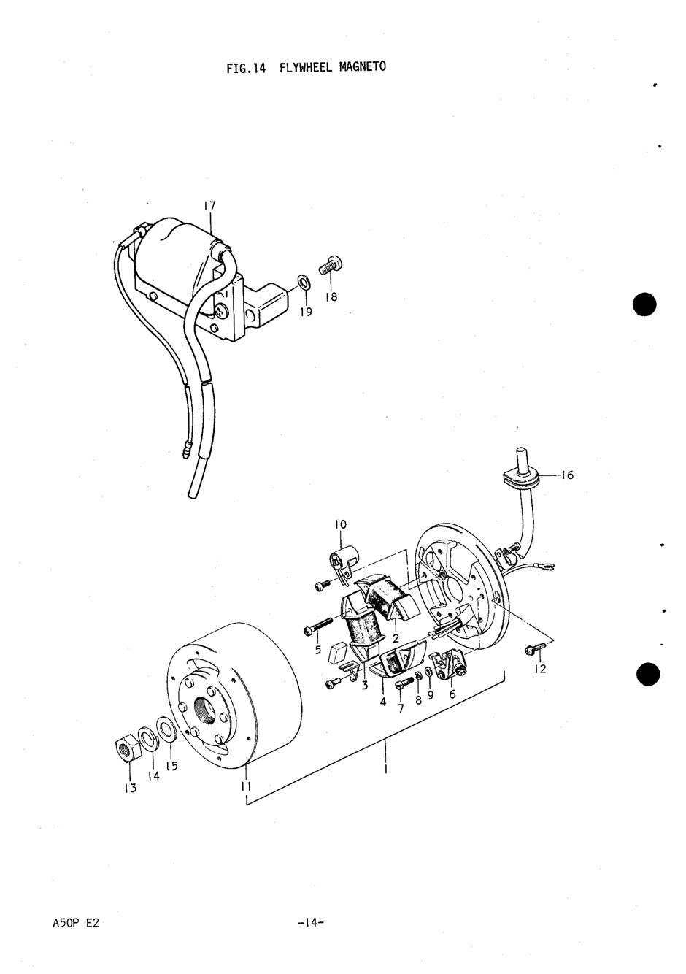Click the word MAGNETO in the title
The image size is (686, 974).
[362, 67]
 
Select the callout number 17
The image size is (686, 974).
[209, 207]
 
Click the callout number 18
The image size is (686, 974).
[331, 297]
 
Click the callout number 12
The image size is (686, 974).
[539, 669]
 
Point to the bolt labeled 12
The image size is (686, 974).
[532, 648]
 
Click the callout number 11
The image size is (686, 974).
[246, 786]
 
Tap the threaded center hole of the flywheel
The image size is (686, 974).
[202, 708]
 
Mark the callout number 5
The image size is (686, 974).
[318, 650]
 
